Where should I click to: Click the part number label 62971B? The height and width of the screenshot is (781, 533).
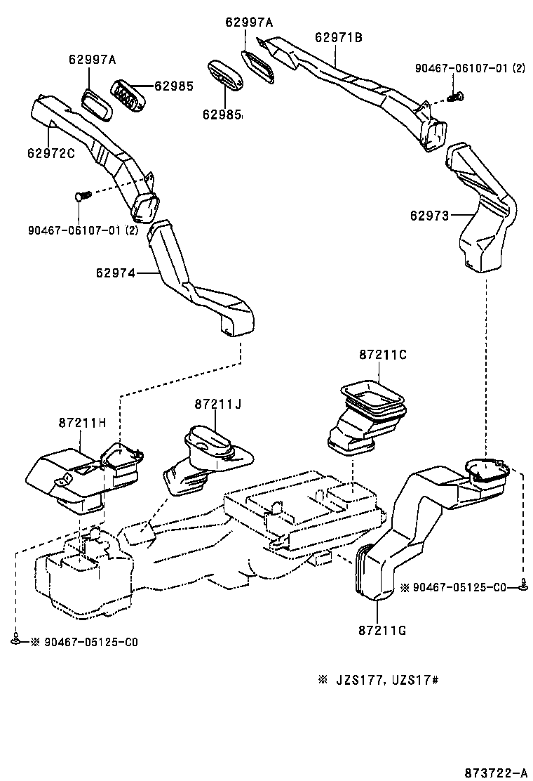click(x=339, y=39)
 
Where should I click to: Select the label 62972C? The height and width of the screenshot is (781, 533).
click(x=51, y=152)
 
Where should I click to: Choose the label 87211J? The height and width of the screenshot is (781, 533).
click(x=218, y=404)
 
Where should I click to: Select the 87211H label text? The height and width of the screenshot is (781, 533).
click(x=82, y=422)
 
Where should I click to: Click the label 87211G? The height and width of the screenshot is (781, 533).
click(x=382, y=630)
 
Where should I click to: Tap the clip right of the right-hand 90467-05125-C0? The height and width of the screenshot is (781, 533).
click(x=523, y=584)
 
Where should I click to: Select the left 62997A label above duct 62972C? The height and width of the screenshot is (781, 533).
click(x=92, y=60)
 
